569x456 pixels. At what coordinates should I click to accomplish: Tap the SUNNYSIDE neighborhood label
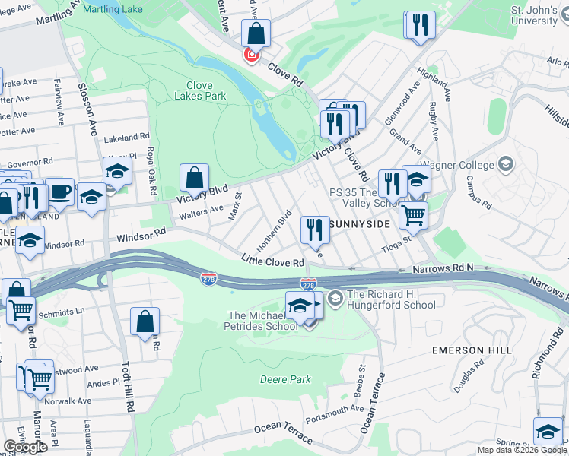point(361,225)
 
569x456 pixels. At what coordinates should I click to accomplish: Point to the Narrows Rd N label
point(443,268)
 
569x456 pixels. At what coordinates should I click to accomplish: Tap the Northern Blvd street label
point(274,230)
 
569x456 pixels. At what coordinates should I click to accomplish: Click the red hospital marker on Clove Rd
point(250,55)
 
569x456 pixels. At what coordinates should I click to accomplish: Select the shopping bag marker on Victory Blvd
point(195,179)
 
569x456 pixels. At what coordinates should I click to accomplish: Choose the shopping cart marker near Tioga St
point(413,215)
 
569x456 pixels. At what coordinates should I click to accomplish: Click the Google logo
point(24,447)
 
